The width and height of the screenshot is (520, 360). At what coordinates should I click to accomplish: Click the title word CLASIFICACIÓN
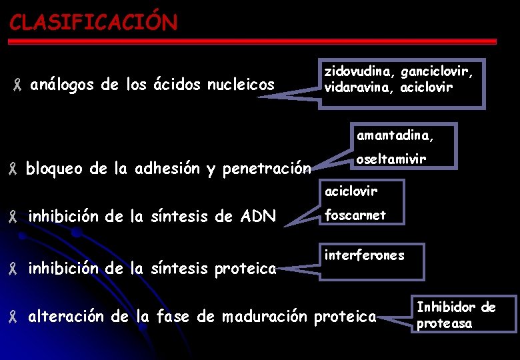click(x=93, y=23)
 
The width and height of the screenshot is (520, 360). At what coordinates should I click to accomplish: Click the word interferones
click(x=364, y=255)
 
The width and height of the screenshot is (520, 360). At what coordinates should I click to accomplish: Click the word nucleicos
click(x=241, y=85)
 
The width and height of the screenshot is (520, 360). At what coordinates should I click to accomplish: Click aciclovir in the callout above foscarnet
click(x=351, y=191)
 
